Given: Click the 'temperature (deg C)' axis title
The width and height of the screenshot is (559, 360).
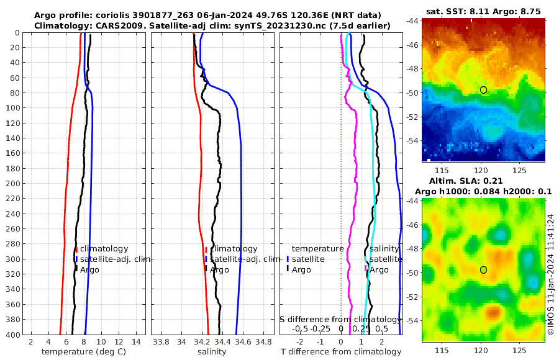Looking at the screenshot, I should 84,351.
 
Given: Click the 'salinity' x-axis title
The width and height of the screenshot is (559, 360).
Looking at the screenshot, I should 212,351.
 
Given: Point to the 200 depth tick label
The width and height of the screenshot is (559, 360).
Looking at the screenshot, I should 14,183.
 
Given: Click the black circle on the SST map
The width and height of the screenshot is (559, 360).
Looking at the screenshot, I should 483,90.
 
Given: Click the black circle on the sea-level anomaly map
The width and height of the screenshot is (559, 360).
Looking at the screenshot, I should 483,269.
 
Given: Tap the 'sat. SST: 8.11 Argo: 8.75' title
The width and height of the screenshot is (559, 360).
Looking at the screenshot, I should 483,12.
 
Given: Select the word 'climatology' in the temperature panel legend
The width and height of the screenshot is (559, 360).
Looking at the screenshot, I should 104,248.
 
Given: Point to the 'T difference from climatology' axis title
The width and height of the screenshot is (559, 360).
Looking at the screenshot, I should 341,351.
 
